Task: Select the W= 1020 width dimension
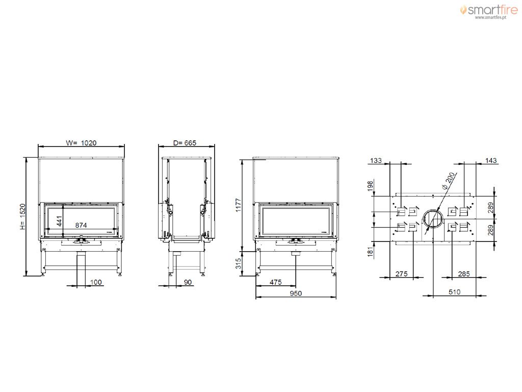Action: [81, 143]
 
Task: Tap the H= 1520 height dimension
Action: [22, 216]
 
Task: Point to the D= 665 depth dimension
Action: [185, 143]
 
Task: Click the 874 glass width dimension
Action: [81, 225]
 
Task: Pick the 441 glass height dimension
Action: [59, 221]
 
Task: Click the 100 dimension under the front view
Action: [96, 282]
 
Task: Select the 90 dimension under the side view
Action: [188, 282]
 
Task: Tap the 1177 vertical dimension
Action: [239, 205]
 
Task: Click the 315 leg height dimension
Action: [239, 263]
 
